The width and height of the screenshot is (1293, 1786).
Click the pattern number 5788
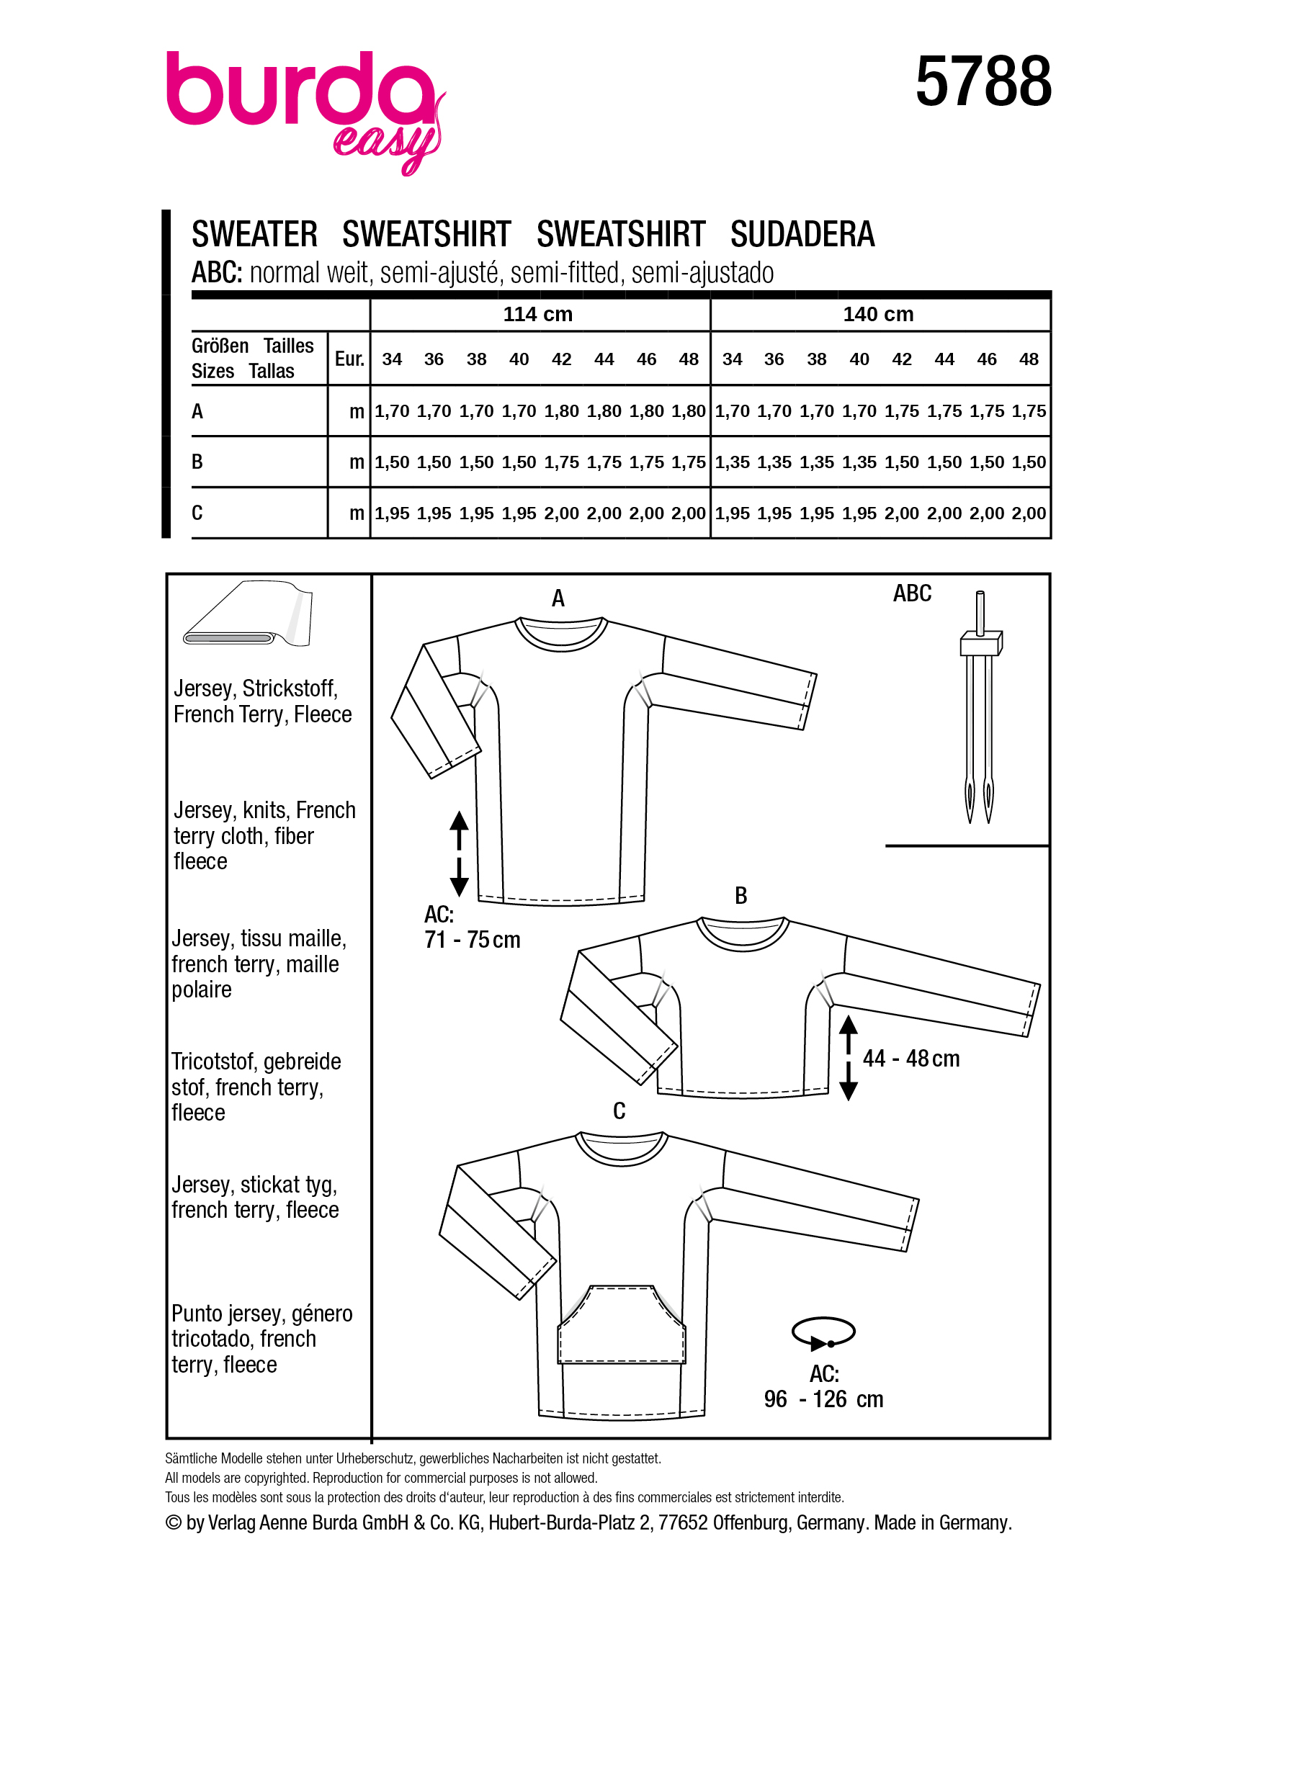click(x=982, y=82)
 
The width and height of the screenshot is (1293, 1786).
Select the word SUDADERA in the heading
click(x=802, y=235)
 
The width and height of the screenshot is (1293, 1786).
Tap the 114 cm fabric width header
click(x=538, y=314)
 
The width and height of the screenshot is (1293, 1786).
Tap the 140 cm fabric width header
click(x=878, y=314)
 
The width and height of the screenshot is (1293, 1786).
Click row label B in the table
click(x=197, y=462)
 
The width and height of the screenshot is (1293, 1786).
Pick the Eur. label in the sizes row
click(x=349, y=359)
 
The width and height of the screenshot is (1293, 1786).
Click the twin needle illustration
click(x=980, y=709)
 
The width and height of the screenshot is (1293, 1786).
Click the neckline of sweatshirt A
click(x=560, y=634)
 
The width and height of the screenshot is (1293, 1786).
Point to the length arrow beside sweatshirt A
click(x=459, y=853)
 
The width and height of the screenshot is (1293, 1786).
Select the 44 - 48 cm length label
click(x=911, y=1059)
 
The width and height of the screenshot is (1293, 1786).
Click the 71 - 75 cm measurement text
click(x=472, y=940)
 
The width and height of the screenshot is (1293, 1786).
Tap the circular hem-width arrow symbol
click(x=823, y=1332)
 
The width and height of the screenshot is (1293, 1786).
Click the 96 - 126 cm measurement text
click(x=823, y=1399)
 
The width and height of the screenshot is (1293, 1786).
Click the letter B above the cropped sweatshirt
click(x=741, y=895)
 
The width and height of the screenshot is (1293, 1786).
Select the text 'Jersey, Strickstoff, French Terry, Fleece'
click(x=262, y=701)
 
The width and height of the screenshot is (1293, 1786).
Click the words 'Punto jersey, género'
click(x=261, y=1314)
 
